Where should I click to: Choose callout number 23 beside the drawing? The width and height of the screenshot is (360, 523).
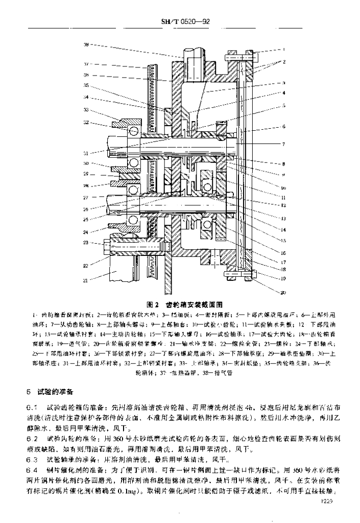coord(86,242)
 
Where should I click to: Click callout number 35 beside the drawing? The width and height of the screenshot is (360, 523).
coord(86,85)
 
